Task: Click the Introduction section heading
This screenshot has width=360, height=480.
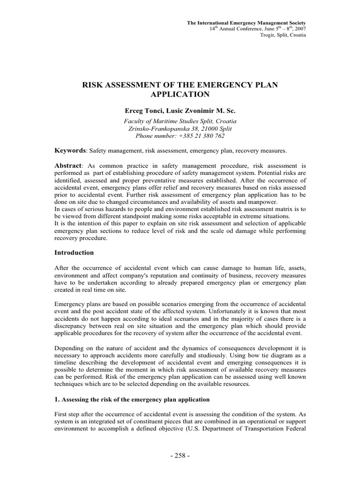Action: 74,253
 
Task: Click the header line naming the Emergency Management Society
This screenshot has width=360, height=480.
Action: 247,22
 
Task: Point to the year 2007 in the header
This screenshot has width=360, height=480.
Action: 299,29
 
